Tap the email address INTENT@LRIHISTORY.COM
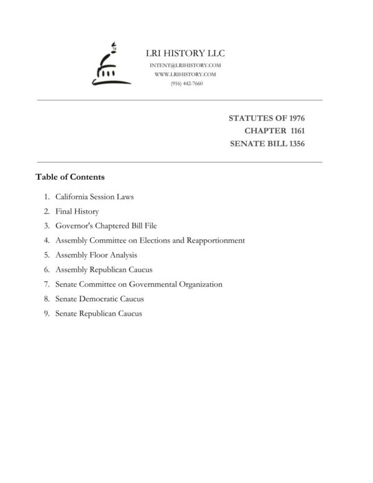(186, 65)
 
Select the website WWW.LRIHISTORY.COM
(186, 74)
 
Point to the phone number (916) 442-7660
(186, 83)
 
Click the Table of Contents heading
(70, 177)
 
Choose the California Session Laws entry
(94, 197)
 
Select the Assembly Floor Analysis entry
(96, 255)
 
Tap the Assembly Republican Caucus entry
(104, 270)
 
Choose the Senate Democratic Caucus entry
(99, 299)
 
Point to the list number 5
(47, 255)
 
